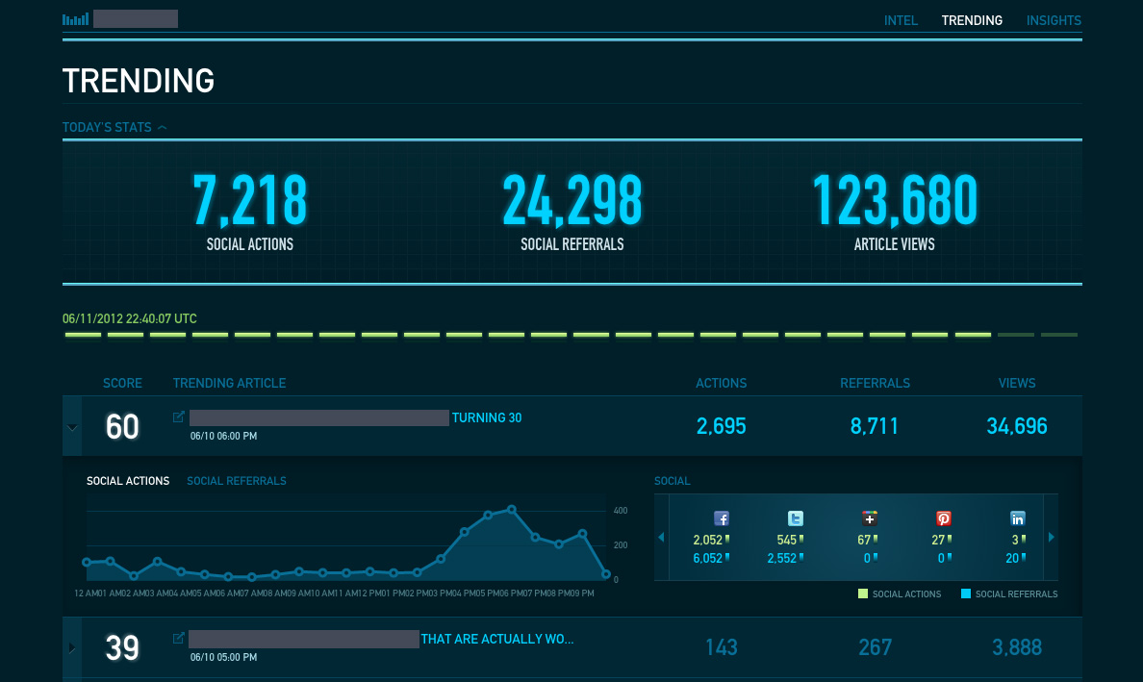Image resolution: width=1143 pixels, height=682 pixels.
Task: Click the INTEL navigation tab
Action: pos(901,20)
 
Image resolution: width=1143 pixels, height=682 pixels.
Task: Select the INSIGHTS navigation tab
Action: pos(1054,20)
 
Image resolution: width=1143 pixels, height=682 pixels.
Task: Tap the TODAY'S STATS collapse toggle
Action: pos(163,127)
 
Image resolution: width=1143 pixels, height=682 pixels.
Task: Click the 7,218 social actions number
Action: pos(250,201)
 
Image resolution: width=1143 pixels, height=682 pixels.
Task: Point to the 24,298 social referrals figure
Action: pos(571,201)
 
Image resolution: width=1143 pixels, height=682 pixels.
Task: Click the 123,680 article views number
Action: pos(895,201)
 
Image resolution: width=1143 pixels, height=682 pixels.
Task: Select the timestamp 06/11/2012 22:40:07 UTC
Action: pos(130,318)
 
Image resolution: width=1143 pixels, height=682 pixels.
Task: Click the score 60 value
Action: pos(122,426)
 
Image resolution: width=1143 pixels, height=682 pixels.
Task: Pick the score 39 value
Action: pos(122,647)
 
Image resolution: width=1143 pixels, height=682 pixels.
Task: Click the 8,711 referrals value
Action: pos(875,426)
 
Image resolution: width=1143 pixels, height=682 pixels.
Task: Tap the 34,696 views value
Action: pos(1017,426)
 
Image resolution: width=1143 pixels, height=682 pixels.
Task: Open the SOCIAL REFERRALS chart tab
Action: pos(237,481)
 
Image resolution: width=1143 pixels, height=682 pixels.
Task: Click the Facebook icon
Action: pos(721,518)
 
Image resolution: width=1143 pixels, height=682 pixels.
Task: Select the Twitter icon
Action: pos(796,518)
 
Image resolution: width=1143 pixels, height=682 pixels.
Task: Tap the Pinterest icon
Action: pos(944,518)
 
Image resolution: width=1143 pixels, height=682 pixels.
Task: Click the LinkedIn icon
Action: pos(1018,518)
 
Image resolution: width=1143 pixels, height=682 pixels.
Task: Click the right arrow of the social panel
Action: pos(1050,538)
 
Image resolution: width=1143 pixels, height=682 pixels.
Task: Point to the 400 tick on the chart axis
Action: pos(621,510)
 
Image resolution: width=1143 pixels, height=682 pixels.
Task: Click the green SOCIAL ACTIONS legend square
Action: pos(863,594)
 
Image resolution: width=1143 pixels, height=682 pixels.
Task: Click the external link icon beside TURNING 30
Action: pos(178,417)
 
